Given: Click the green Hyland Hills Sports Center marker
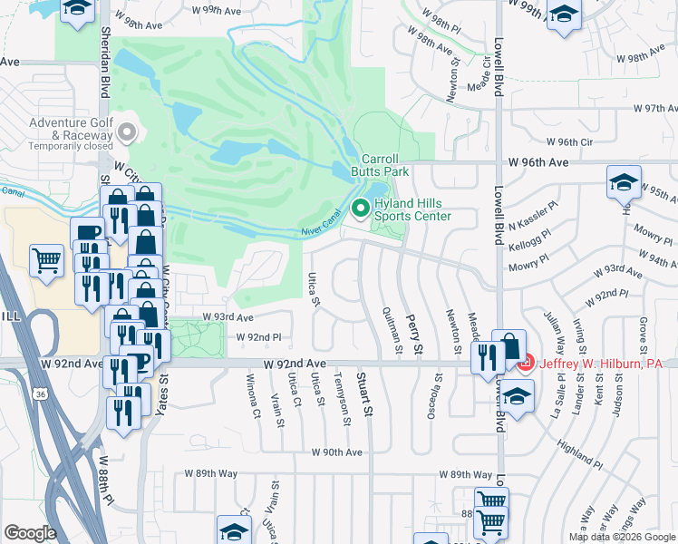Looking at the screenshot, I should (361, 209).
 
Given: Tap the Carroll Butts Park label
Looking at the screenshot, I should (386, 164).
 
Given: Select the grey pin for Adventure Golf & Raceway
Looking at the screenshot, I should (127, 133).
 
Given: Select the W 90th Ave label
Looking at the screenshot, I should (336, 452).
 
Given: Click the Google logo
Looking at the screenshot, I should (30, 533).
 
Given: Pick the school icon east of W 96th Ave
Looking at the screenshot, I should (624, 182).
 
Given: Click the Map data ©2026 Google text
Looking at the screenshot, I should (621, 537).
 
